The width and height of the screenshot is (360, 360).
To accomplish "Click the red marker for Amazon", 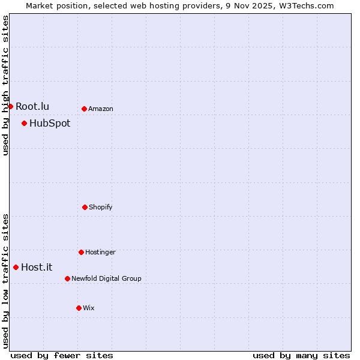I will point(84,109).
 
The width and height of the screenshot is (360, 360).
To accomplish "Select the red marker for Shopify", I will point(85,207).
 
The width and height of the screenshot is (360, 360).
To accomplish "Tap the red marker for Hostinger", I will point(81,252).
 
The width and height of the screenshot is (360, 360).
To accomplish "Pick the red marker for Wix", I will point(79,308).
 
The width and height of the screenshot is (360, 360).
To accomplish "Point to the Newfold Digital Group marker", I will point(67,278).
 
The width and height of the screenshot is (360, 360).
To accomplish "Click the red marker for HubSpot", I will point(24,123).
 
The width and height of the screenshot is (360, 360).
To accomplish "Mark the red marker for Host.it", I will point(16,267).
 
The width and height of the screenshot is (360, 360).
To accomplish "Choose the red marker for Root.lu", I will point(10,106).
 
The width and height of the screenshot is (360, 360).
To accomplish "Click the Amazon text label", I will point(101,109).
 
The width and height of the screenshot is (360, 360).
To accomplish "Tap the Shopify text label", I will point(101,208).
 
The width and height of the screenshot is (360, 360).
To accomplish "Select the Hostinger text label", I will point(100,253).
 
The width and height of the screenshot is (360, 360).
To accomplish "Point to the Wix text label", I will point(89,308).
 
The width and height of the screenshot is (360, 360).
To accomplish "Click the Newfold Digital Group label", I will point(106,278).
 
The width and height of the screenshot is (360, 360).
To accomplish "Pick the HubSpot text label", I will point(50,124).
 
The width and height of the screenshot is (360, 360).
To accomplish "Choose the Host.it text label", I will point(37,268).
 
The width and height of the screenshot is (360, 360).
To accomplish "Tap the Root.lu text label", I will point(32,107).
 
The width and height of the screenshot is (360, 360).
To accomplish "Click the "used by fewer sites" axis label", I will point(62,355).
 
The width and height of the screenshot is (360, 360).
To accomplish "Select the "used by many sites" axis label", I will point(301,355).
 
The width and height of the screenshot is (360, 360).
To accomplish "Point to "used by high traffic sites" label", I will point(5,85).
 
